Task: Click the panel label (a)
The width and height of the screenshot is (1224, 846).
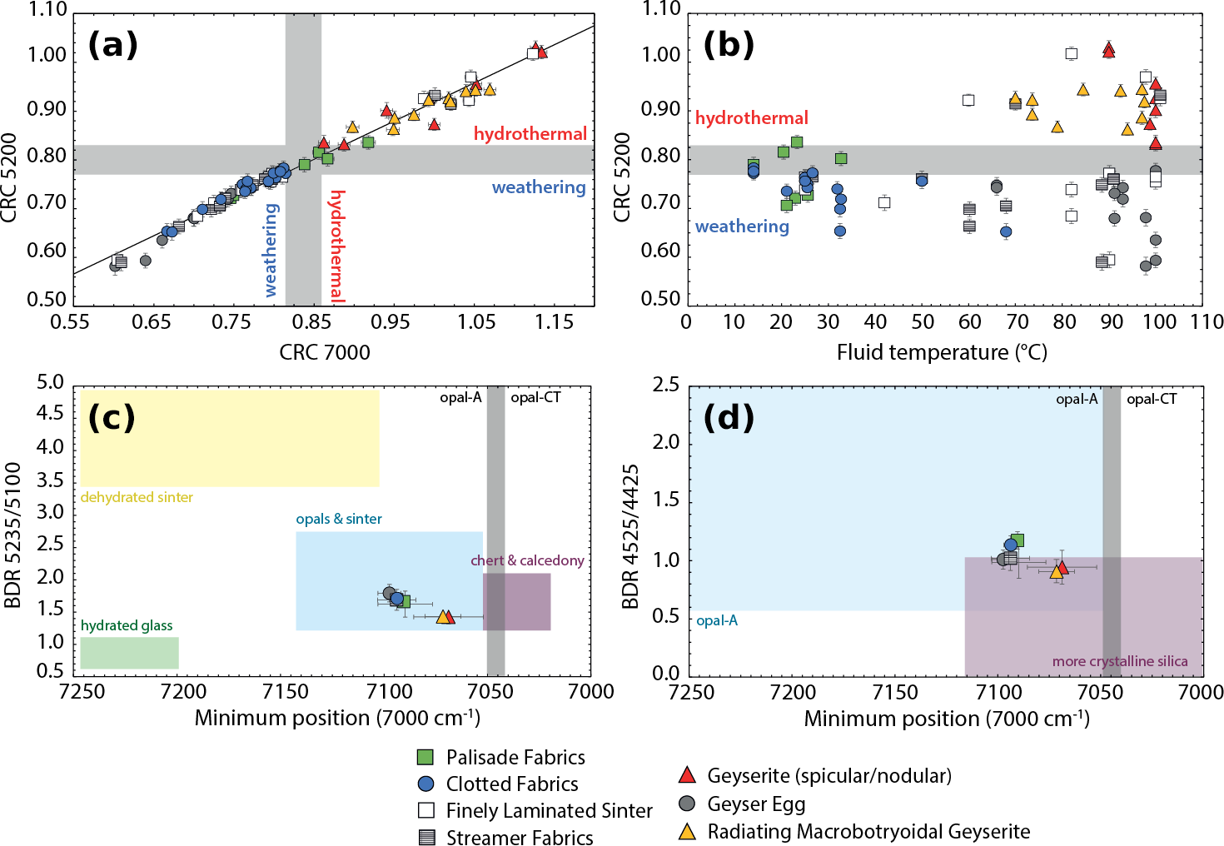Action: point(112,44)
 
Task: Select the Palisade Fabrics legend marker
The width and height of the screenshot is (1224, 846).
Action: point(425,757)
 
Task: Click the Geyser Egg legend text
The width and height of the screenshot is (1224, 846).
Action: point(756,804)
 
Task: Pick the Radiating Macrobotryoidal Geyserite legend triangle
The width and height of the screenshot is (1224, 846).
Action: point(687,832)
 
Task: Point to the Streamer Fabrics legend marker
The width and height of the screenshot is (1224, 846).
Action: point(426,837)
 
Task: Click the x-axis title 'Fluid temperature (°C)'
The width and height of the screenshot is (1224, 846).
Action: point(941,352)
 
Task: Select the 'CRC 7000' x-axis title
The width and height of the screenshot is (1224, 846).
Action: point(325,352)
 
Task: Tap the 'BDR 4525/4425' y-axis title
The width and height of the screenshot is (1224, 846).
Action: point(631,536)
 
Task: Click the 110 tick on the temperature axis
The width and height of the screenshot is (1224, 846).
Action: point(1207,322)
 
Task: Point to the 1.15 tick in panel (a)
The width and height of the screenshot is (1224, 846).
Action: point(554,322)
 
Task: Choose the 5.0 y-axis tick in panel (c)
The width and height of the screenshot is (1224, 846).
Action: point(50,382)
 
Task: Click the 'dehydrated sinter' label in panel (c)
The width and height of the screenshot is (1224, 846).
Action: point(137,497)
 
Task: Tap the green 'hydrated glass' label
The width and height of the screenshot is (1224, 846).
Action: point(127,625)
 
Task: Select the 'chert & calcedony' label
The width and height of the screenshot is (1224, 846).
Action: point(527,560)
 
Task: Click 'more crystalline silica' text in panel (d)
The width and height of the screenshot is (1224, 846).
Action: point(1120,661)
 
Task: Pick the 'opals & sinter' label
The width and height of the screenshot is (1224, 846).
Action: point(339,519)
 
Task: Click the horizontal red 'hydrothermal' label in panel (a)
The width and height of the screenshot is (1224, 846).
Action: point(530,134)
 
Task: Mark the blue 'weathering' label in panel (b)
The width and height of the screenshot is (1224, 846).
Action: point(742,226)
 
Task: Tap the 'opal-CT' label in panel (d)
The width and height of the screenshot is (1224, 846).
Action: point(1152,399)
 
